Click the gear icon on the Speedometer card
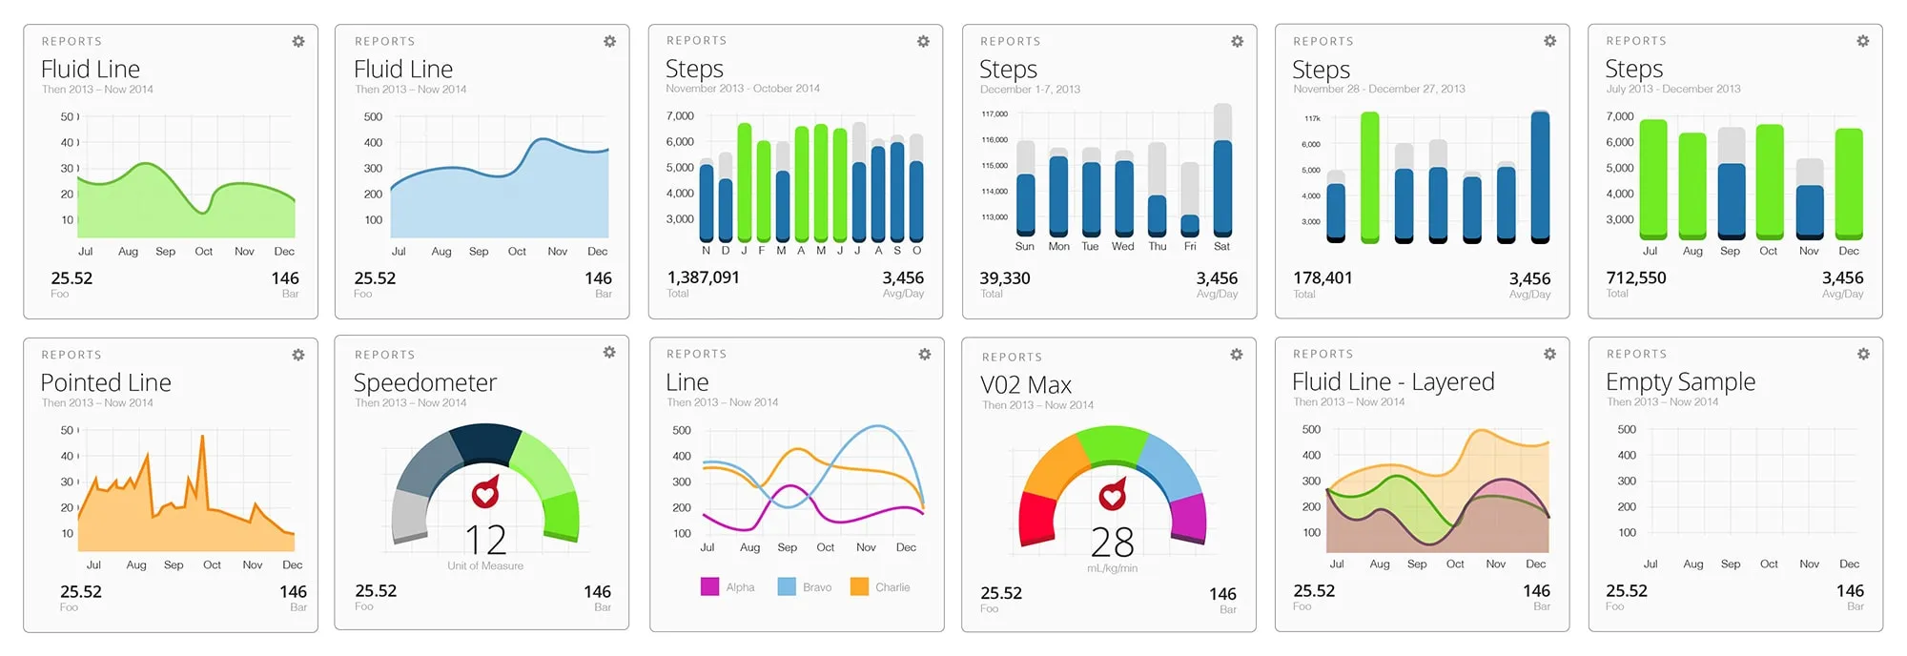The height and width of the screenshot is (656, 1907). click(x=609, y=353)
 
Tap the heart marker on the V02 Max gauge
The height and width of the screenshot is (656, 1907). click(x=1113, y=495)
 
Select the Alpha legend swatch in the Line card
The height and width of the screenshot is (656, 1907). click(x=709, y=586)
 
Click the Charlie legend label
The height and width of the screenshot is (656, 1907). click(x=892, y=587)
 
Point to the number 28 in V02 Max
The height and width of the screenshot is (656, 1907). click(x=1112, y=543)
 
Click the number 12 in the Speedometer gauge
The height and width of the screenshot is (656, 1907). click(x=485, y=541)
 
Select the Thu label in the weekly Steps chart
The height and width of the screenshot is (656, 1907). click(x=1157, y=246)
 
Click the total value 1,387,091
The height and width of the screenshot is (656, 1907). click(x=703, y=277)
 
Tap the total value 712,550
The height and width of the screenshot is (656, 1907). click(x=1635, y=277)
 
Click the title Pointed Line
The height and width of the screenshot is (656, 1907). click(x=106, y=382)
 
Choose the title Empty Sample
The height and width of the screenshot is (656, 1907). click(x=1680, y=381)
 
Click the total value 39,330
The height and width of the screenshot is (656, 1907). click(x=1004, y=277)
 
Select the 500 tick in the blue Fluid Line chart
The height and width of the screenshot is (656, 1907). click(x=373, y=116)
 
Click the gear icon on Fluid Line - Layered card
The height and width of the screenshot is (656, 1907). click(x=1549, y=354)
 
